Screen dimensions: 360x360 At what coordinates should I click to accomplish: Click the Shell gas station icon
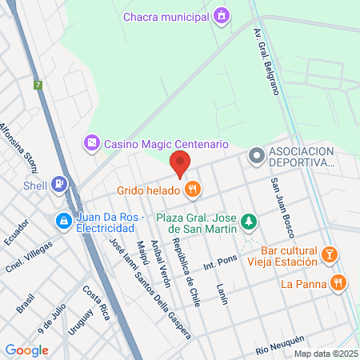click(59, 184)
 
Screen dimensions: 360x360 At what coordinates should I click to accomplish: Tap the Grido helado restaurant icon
click(192, 190)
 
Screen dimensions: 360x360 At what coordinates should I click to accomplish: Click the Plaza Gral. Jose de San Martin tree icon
click(250, 220)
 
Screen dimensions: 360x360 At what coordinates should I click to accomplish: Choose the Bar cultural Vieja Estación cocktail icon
click(328, 254)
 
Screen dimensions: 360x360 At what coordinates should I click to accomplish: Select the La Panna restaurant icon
click(340, 282)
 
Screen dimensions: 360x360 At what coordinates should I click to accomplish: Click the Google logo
click(27, 350)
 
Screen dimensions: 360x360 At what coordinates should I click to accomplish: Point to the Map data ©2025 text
click(325, 354)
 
